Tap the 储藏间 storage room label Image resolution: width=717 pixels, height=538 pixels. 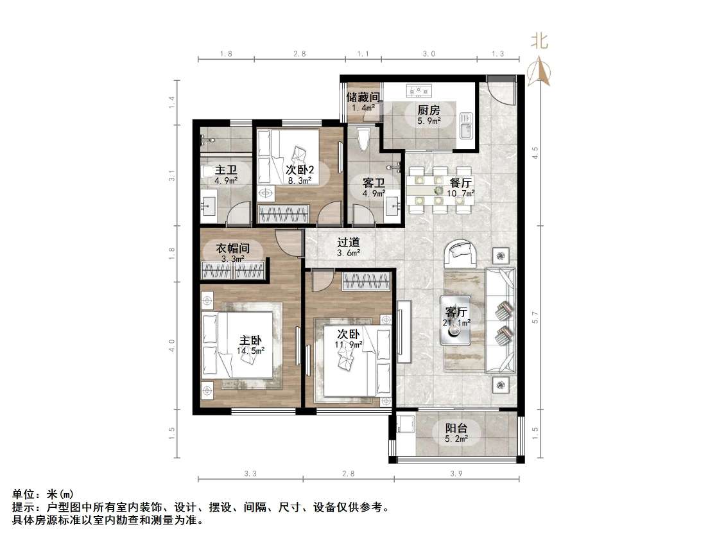[363, 98]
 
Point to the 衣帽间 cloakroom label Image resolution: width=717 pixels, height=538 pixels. [232, 248]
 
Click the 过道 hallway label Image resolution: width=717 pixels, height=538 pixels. [349, 243]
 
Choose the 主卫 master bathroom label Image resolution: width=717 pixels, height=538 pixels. [226, 170]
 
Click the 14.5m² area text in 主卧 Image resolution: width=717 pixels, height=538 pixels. [250, 350]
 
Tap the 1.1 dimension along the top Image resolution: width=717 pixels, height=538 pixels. [363, 54]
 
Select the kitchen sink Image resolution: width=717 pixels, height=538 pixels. [466, 125]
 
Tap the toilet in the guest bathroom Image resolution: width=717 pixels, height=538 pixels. [363, 139]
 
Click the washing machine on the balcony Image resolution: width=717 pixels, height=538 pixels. [405, 424]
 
